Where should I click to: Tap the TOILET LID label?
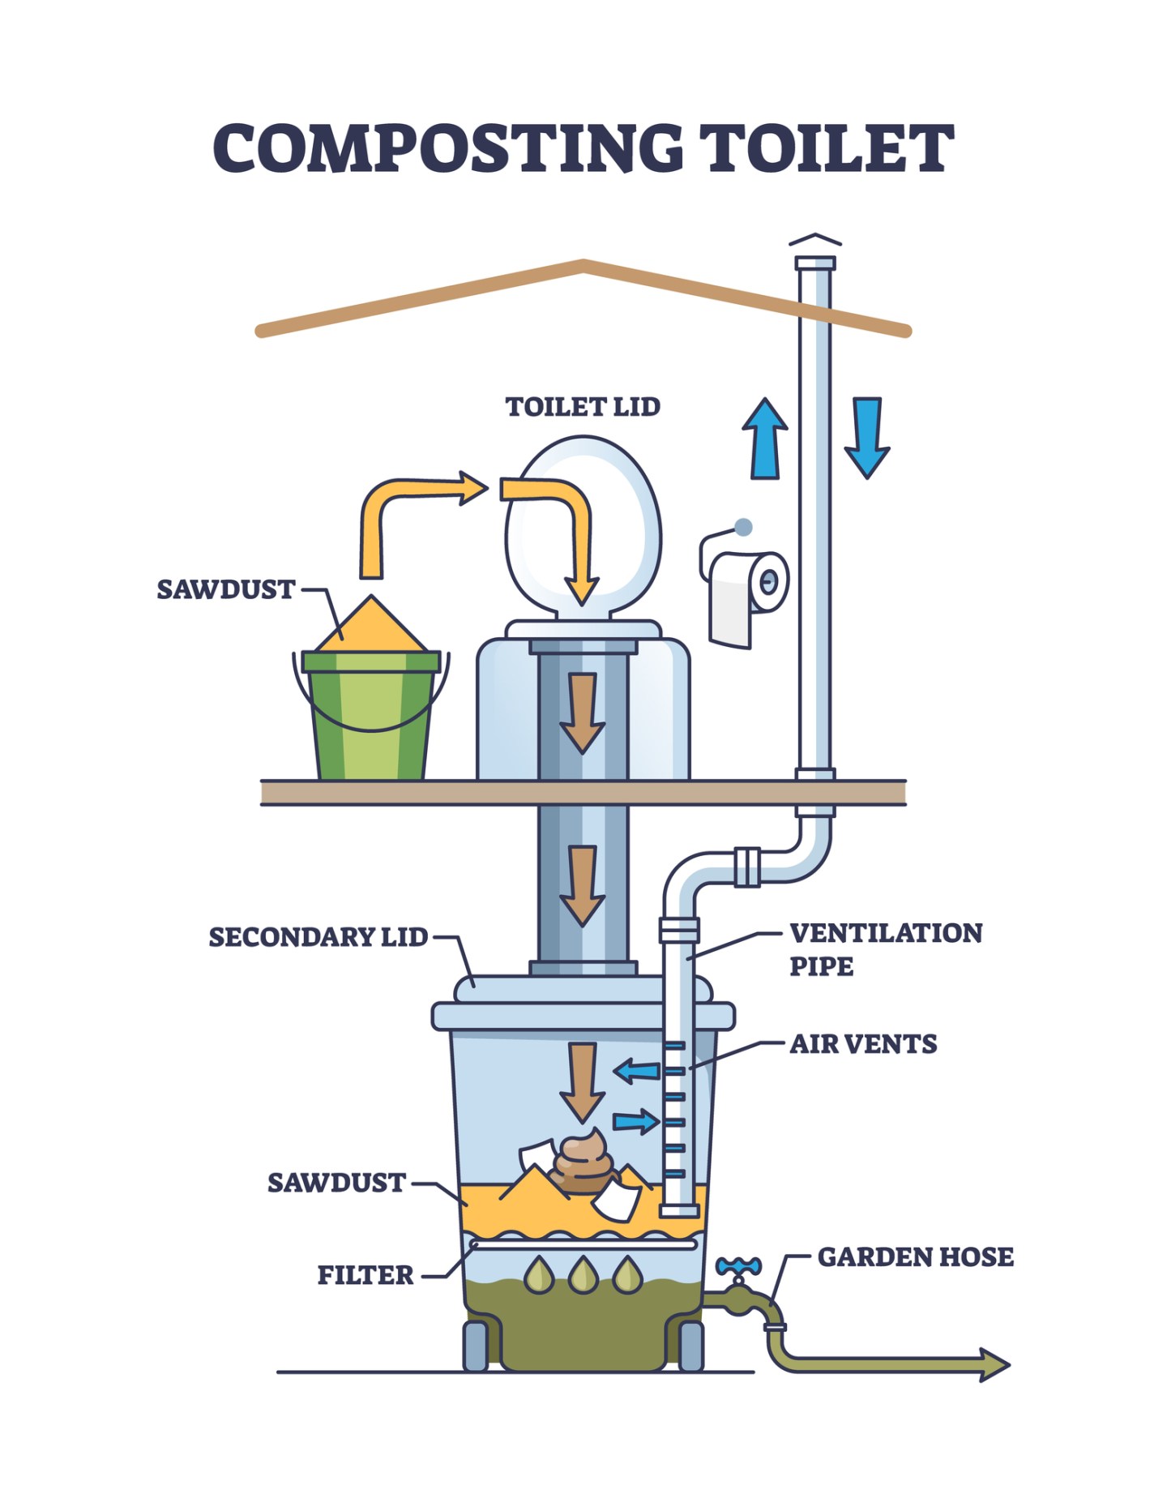[x=583, y=407]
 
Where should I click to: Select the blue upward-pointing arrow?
[x=764, y=439]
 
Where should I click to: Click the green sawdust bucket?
[x=371, y=713]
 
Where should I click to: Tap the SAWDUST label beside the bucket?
[x=225, y=589]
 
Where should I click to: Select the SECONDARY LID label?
[x=318, y=937]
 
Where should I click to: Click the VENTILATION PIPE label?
[x=885, y=949]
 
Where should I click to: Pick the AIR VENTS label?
[x=863, y=1044]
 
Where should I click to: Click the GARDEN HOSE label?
[x=915, y=1257]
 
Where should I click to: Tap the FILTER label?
[x=365, y=1275]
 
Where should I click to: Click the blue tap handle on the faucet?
[x=738, y=1266]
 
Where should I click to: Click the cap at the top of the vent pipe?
[x=815, y=242]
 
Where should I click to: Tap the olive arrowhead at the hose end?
[x=994, y=1364]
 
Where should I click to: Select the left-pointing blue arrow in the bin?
[x=636, y=1072]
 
